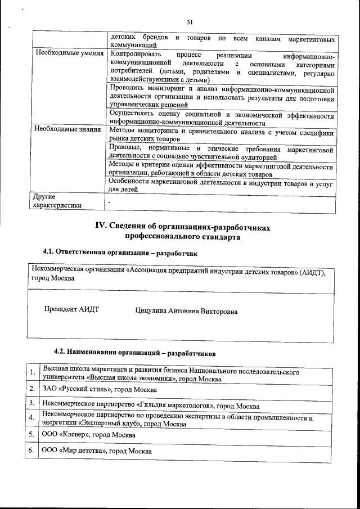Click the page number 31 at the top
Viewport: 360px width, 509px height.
(190, 22)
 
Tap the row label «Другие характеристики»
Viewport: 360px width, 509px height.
(58, 201)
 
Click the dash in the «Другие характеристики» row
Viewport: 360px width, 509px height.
(110, 200)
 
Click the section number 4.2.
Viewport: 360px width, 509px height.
(61, 353)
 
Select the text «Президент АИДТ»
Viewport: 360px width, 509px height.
(71, 310)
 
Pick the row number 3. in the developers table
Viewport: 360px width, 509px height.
(33, 404)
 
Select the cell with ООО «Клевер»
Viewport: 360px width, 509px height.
(88, 435)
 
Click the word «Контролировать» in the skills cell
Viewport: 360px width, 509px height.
(137, 54)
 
